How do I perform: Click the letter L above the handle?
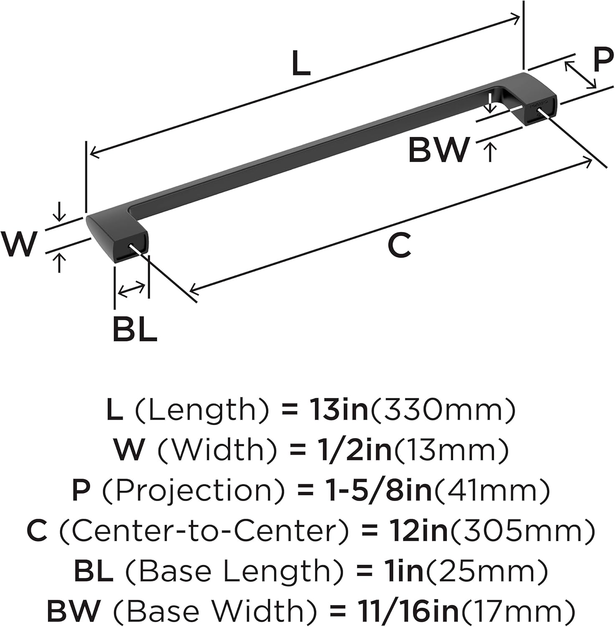coord(301,63)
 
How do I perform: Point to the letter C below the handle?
coord(399,245)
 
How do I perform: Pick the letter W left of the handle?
coord(19,244)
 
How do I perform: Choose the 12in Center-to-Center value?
coord(418,530)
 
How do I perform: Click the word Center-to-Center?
coord(204,530)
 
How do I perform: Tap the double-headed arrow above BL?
coord(132,289)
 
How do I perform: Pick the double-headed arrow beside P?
coord(580,75)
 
